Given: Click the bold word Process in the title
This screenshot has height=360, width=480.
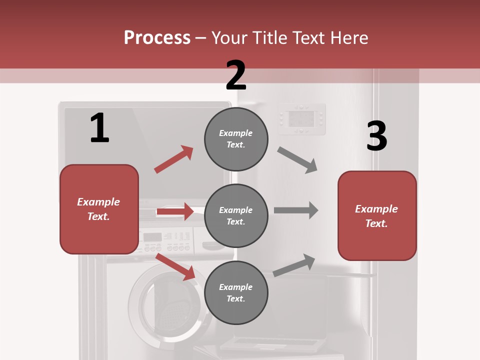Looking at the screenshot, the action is pyautogui.click(x=157, y=37).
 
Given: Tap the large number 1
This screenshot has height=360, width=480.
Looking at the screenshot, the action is pyautogui.click(x=99, y=128).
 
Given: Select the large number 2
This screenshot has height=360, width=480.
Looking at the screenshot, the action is pyautogui.click(x=236, y=75).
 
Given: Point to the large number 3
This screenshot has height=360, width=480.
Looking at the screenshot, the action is pyautogui.click(x=376, y=136).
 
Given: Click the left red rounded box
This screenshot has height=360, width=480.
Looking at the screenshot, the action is pyautogui.click(x=99, y=209).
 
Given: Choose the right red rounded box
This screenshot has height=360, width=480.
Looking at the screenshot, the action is pyautogui.click(x=377, y=215).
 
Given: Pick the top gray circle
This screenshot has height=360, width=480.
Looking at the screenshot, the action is pyautogui.click(x=236, y=138).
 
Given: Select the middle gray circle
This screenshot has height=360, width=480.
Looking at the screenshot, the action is pyautogui.click(x=236, y=215).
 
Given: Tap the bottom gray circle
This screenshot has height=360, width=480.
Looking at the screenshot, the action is pyautogui.click(x=236, y=292).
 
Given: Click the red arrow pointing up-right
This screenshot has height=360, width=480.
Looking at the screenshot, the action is pyautogui.click(x=173, y=159).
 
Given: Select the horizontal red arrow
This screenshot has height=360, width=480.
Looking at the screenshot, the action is pyautogui.click(x=175, y=211).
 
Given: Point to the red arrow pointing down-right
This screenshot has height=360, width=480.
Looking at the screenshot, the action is pyautogui.click(x=175, y=266).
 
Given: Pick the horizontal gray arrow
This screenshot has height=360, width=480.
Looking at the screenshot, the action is pyautogui.click(x=296, y=210).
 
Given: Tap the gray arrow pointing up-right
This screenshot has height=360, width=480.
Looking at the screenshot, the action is pyautogui.click(x=294, y=265).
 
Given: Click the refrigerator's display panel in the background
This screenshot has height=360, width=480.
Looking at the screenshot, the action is pyautogui.click(x=302, y=119).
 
